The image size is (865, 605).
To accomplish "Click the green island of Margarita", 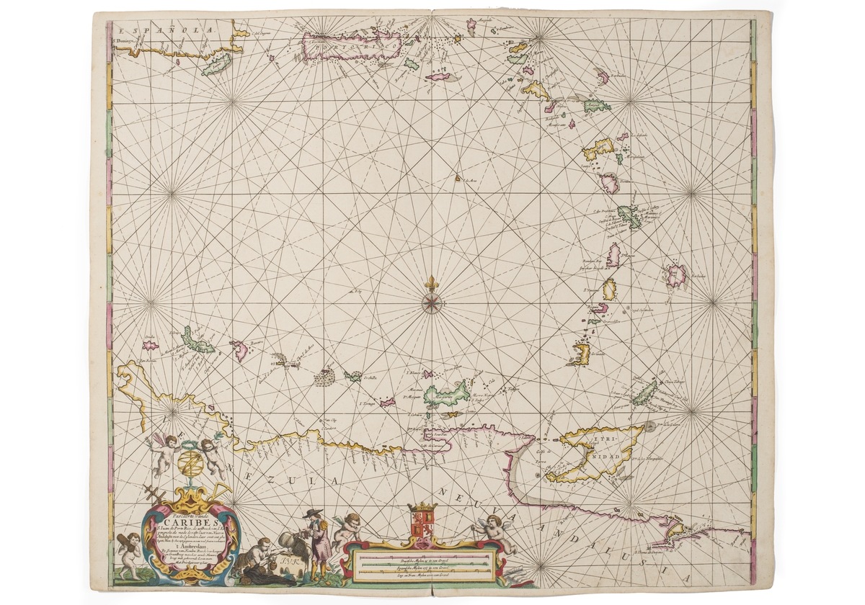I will tap(442, 395).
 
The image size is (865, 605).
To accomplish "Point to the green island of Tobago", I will tap(644, 393).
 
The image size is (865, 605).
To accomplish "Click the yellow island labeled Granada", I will tap(582, 353).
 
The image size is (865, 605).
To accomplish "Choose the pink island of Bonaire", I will tap(240, 350).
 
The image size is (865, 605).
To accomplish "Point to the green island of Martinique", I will tap(629, 216).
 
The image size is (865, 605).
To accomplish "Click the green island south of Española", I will tap(216, 66).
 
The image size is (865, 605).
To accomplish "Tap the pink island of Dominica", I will tap(611, 183).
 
